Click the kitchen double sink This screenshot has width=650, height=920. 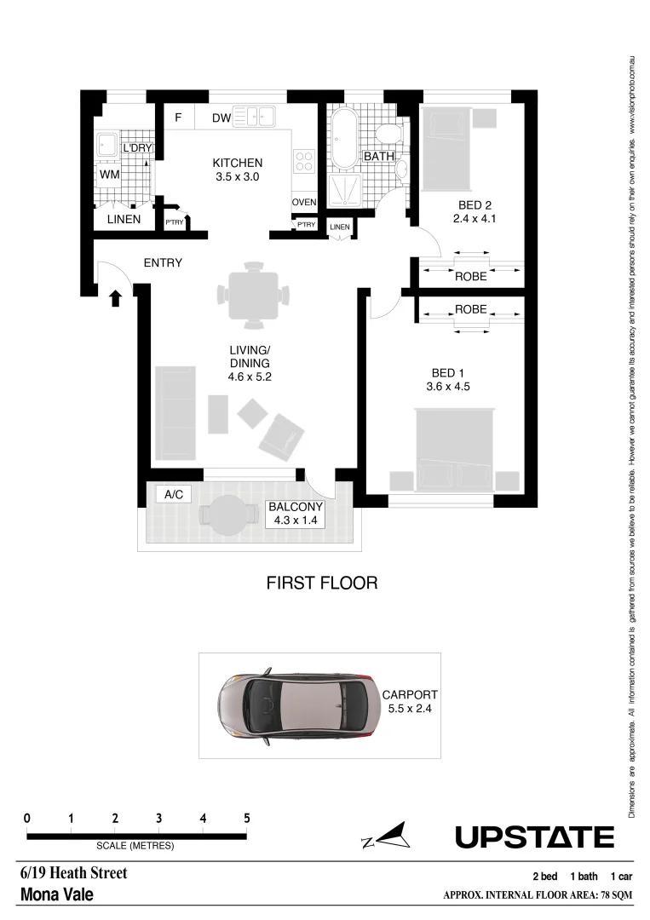[x=252, y=117]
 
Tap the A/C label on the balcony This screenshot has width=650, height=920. [x=175, y=493]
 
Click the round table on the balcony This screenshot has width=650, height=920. [x=227, y=515]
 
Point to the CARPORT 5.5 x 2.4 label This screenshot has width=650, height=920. [x=408, y=701]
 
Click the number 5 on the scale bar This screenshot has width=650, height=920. [x=247, y=818]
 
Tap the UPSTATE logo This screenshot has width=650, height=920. [x=534, y=837]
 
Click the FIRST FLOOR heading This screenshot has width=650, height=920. [x=321, y=584]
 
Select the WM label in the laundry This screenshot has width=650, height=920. [x=110, y=175]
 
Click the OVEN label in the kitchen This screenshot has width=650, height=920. [x=304, y=202]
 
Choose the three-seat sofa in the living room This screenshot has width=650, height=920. [x=175, y=411]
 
